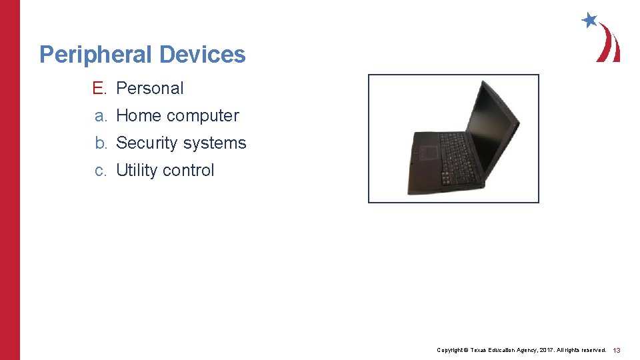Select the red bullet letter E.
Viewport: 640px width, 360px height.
(x=99, y=88)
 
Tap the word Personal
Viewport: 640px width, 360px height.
(x=149, y=88)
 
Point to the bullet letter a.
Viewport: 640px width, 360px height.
(x=100, y=116)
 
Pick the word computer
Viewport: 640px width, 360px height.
(x=203, y=116)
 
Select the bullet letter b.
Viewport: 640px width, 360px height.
(x=100, y=143)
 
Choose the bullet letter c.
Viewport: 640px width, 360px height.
(x=100, y=171)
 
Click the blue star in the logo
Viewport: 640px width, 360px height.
(x=589, y=20)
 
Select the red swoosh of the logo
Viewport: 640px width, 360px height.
(x=609, y=44)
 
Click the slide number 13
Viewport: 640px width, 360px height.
(x=617, y=350)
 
